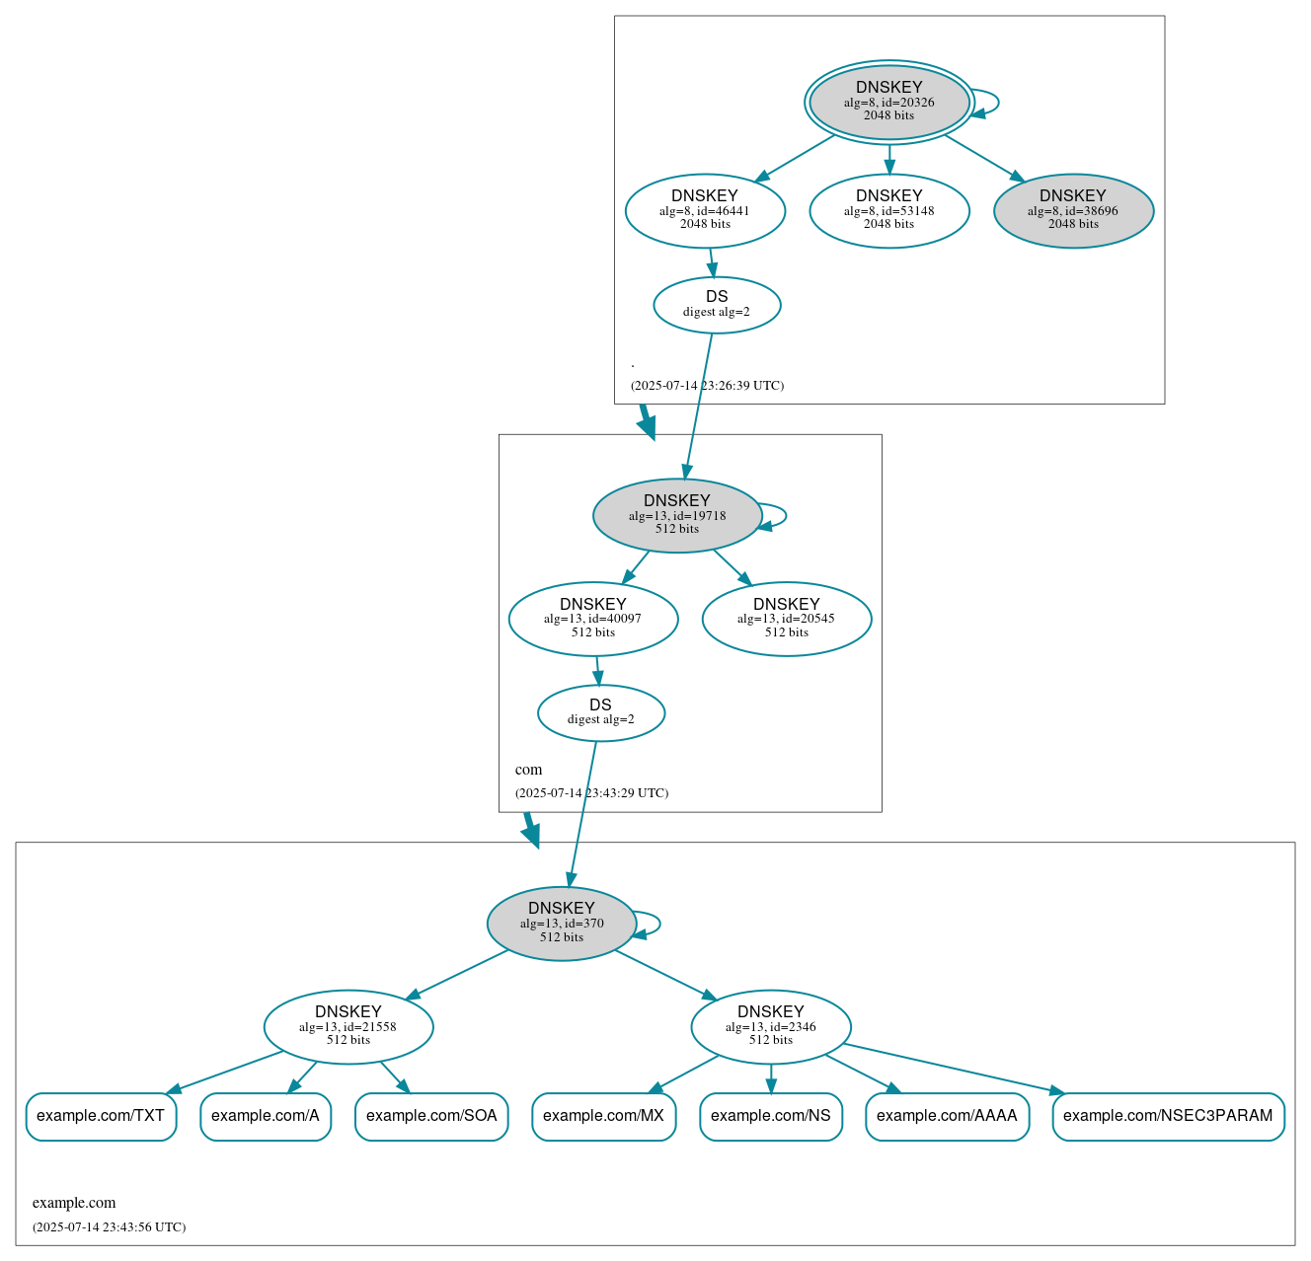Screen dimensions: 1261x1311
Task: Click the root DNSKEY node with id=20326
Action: tap(888, 102)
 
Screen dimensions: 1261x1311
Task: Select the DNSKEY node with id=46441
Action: tap(705, 210)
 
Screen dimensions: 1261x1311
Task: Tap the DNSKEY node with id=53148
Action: tap(888, 210)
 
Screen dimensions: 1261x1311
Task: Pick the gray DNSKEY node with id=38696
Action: tap(1073, 210)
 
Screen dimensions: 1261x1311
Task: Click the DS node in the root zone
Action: tap(717, 305)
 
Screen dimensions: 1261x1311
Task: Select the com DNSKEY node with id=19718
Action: tap(677, 515)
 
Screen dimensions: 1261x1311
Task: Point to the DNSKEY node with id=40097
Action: tap(593, 619)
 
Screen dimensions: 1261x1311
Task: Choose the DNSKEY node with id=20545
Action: tap(787, 619)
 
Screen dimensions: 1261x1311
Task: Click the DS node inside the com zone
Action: tap(601, 712)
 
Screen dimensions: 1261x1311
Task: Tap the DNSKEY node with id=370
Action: tap(562, 924)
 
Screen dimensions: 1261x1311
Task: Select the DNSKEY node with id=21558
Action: tap(348, 1026)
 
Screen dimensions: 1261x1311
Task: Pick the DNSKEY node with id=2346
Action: tap(771, 1026)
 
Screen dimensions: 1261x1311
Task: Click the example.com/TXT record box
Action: tap(101, 1116)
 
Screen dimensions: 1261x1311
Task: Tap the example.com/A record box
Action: tap(266, 1116)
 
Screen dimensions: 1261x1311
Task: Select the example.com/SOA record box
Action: tap(431, 1116)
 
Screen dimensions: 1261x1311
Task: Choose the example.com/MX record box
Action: tap(603, 1116)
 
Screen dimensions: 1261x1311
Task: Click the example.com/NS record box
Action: tap(771, 1116)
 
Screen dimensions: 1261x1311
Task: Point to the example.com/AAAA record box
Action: tap(947, 1116)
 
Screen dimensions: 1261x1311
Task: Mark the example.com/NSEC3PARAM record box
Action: tap(1168, 1116)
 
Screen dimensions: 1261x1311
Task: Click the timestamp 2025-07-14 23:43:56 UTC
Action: tap(109, 1227)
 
